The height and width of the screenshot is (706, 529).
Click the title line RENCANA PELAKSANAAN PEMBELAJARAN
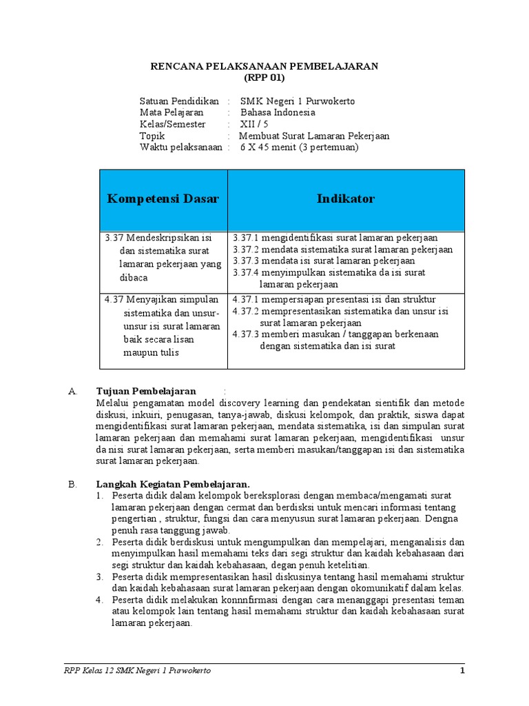click(264, 65)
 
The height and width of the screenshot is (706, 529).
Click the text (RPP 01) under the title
click(264, 77)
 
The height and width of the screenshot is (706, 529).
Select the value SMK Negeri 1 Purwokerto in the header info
click(297, 101)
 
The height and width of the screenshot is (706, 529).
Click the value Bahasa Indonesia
click(278, 112)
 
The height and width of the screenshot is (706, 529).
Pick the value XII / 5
click(254, 124)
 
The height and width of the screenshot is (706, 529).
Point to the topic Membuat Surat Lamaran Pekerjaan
click(314, 136)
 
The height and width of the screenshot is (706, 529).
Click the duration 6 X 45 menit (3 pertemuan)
click(299, 147)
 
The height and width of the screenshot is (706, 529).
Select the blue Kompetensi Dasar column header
click(163, 199)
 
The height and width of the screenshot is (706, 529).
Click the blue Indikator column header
click(346, 199)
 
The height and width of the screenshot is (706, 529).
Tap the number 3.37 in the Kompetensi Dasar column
click(114, 238)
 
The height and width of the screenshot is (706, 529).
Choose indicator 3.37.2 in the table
click(245, 250)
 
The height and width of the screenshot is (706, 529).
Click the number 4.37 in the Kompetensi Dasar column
click(114, 300)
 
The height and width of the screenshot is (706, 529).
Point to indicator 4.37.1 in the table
click(245, 300)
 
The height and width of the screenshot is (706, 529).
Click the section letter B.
click(72, 484)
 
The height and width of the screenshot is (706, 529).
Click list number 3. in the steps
click(99, 576)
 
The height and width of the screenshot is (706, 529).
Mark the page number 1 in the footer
click(463, 670)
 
